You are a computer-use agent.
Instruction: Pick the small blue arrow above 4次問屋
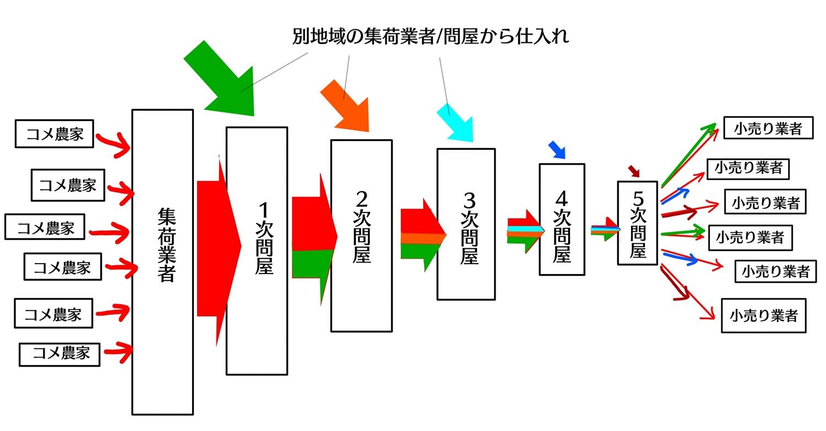click(557, 150)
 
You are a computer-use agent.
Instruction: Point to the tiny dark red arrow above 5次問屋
click(634, 171)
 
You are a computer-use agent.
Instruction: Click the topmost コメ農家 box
click(54, 133)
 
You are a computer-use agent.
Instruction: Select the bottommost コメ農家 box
click(59, 354)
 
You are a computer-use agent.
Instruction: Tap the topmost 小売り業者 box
click(769, 128)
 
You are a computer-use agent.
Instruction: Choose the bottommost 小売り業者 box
click(764, 315)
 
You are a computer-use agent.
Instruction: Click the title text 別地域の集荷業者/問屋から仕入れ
click(431, 36)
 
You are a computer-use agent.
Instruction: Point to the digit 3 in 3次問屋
click(469, 200)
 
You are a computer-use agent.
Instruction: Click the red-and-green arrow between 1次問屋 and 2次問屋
click(314, 239)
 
